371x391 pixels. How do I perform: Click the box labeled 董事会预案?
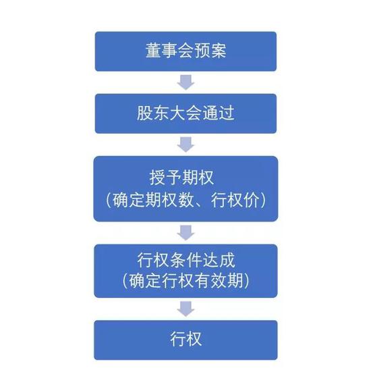click(x=185, y=51)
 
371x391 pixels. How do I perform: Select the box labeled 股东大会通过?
click(x=185, y=113)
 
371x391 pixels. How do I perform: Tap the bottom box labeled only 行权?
click(x=185, y=340)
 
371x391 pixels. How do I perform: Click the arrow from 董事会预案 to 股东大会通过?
click(x=185, y=82)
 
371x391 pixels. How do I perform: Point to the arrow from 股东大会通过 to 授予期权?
click(x=185, y=145)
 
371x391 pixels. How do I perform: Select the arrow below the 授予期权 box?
click(x=185, y=233)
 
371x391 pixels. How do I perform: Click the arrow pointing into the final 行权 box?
click(x=185, y=309)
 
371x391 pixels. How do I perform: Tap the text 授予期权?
click(x=181, y=178)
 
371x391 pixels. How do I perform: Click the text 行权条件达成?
click(x=186, y=261)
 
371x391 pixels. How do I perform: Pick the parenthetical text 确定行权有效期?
click(x=186, y=280)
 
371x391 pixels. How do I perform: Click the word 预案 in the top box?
click(x=210, y=51)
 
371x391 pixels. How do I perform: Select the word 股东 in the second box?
click(x=152, y=113)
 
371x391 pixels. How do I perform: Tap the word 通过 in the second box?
click(x=219, y=113)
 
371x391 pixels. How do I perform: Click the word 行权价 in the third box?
click(x=235, y=200)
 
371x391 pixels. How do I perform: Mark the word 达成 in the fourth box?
click(x=219, y=261)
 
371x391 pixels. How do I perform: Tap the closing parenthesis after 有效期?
click(x=246, y=280)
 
